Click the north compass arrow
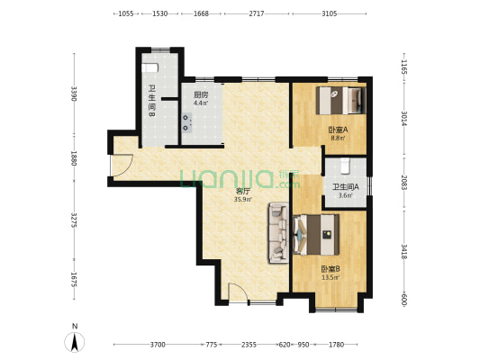click(x=75, y=342)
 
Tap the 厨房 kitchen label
click(x=201, y=95)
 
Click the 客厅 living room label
click(x=243, y=192)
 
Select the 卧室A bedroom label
click(x=339, y=130)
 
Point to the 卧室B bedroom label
click(x=331, y=269)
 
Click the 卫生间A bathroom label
click(x=346, y=186)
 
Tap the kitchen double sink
click(x=186, y=123)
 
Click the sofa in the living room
click(x=278, y=233)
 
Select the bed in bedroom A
click(x=341, y=101)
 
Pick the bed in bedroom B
click(x=316, y=235)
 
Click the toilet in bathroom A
click(x=345, y=166)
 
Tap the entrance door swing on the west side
click(x=122, y=166)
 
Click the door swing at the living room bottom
click(x=238, y=292)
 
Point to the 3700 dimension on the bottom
click(x=158, y=345)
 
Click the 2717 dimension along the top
click(x=257, y=13)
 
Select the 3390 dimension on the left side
click(x=74, y=94)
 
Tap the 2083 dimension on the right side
click(x=404, y=183)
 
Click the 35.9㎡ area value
click(x=243, y=200)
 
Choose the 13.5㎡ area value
click(x=331, y=277)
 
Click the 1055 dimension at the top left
click(x=126, y=13)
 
